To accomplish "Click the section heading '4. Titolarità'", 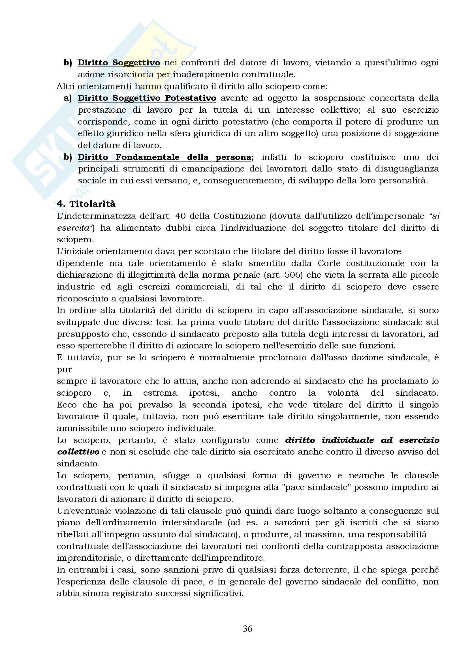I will coord(86,204).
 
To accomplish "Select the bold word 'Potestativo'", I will coord(190,98).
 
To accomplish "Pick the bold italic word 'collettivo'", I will coord(78,452).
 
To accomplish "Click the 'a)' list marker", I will coord(68,98).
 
